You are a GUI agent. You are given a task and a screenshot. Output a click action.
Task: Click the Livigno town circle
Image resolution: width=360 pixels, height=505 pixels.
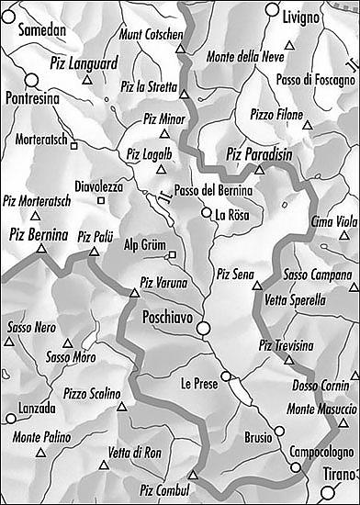click(x=271, y=9)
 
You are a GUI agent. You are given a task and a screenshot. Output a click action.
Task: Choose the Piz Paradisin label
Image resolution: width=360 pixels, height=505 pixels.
click(x=259, y=155)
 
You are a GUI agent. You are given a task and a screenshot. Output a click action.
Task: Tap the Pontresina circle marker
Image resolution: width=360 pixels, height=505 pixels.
click(x=30, y=79)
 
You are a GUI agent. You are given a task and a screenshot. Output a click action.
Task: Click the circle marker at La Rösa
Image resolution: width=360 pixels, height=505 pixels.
click(x=207, y=213)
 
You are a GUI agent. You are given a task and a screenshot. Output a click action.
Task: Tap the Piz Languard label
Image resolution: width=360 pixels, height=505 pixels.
click(x=87, y=64)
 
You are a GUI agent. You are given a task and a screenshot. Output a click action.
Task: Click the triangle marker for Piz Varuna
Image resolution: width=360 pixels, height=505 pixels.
click(x=134, y=295)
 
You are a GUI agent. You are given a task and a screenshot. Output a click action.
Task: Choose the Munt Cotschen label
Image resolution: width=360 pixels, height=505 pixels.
click(x=152, y=34)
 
